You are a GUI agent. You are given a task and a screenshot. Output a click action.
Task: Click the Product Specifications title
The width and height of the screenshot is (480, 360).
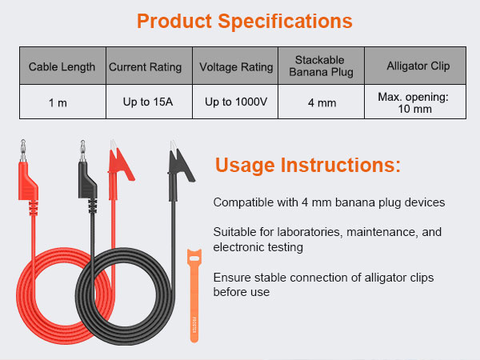244,21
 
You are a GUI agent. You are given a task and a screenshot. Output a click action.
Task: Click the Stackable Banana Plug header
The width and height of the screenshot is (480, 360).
320,66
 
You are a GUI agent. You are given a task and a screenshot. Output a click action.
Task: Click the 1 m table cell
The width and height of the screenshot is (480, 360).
62,102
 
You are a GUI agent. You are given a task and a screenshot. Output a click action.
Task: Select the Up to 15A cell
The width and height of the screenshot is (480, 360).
145,102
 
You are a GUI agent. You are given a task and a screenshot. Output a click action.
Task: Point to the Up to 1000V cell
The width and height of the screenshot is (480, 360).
235,102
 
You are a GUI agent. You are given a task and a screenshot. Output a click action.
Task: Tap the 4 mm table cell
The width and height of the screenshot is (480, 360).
320,102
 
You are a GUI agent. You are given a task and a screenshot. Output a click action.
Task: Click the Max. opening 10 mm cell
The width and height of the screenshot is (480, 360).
413,102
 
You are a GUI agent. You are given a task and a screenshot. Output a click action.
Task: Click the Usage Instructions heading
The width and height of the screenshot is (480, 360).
308,166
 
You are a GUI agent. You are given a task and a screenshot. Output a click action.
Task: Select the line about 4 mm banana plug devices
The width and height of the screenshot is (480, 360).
329,202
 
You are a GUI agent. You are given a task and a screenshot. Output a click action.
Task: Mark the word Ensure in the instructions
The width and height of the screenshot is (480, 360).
231,278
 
